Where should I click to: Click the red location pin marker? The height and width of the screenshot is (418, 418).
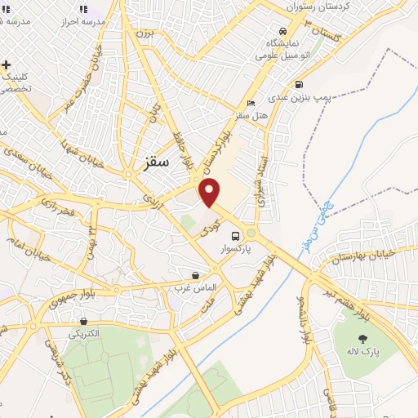pyautogui.click(x=210, y=193)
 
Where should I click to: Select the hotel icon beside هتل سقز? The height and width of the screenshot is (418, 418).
pyautogui.click(x=251, y=103)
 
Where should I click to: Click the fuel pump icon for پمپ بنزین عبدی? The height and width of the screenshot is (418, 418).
pyautogui.click(x=300, y=84)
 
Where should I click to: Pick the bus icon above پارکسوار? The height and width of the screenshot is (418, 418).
pyautogui.click(x=236, y=236)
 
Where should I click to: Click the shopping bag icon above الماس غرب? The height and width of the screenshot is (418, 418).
pyautogui.click(x=195, y=276)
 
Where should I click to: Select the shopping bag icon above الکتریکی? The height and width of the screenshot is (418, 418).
pyautogui.click(x=83, y=321)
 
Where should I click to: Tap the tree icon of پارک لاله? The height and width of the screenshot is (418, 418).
pyautogui.click(x=362, y=338)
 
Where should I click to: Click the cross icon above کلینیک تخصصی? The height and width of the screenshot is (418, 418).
pyautogui.click(x=7, y=64)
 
